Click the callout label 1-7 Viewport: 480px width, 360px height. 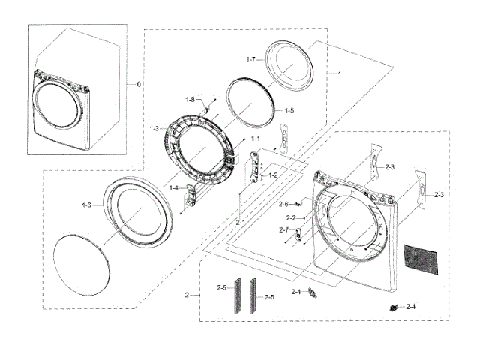pyautogui.click(x=251, y=58)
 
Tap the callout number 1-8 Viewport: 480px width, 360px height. pyautogui.click(x=190, y=99)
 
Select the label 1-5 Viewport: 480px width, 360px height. pyautogui.click(x=289, y=110)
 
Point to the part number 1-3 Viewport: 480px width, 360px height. pyautogui.click(x=154, y=129)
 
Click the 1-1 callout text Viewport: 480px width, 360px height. pyautogui.click(x=255, y=139)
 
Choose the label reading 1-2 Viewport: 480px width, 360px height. pyautogui.click(x=273, y=175)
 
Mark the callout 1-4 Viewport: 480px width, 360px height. pyautogui.click(x=174, y=188)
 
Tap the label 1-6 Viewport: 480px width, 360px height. pyautogui.click(x=87, y=205)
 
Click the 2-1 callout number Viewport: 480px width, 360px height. pyautogui.click(x=240, y=223)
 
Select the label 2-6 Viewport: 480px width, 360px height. pyautogui.click(x=283, y=204)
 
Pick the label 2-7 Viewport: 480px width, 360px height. pyautogui.click(x=283, y=229)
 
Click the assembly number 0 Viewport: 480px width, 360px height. pyautogui.click(x=137, y=84)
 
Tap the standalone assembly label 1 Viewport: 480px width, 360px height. pyautogui.click(x=339, y=73)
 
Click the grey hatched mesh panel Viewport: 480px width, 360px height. pyautogui.click(x=422, y=259)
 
